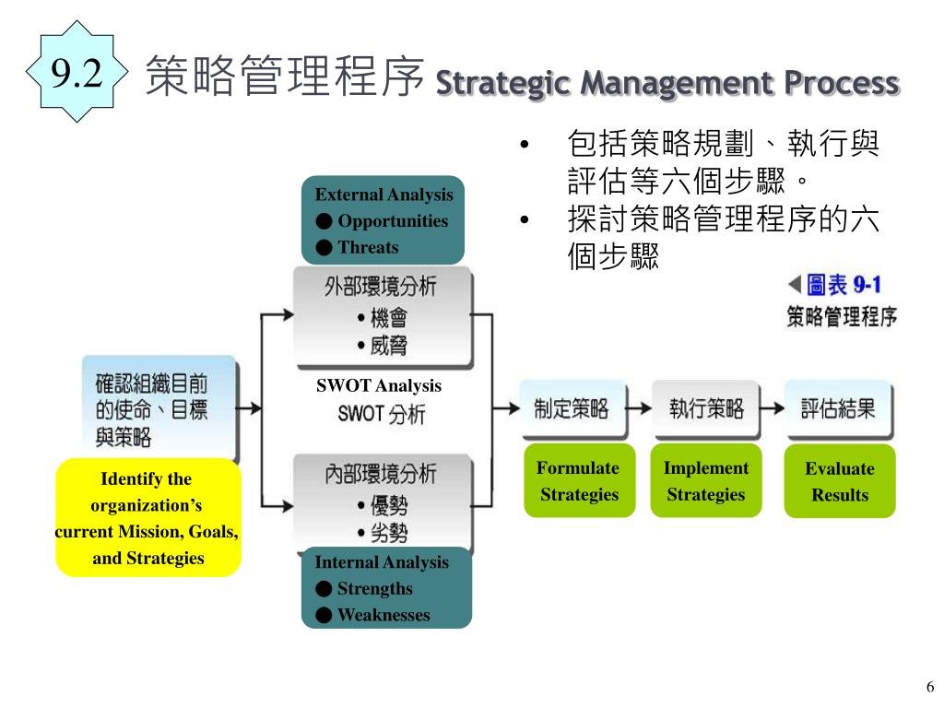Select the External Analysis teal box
(383, 220)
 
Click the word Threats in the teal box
(368, 247)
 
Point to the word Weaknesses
(383, 615)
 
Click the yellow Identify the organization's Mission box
(147, 517)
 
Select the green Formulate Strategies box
(579, 481)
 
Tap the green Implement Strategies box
(705, 481)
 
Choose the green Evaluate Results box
(839, 481)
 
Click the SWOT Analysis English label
(379, 386)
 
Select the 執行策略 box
(705, 409)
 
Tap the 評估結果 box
(838, 409)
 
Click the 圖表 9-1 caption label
(835, 284)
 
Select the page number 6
(929, 687)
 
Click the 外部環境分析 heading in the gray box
(380, 287)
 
